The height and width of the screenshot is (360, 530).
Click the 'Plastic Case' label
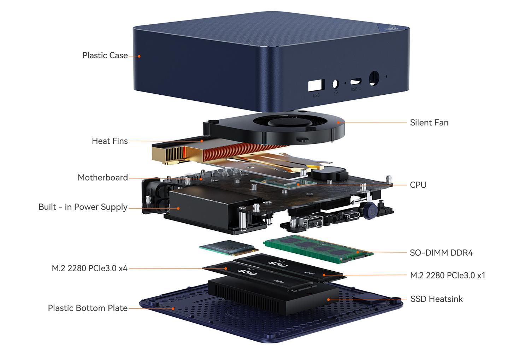pos(105,55)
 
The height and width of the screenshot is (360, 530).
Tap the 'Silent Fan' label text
pos(429,123)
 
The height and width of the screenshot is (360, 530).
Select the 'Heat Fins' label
pos(110,141)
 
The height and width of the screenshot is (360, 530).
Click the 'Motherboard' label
pos(102,177)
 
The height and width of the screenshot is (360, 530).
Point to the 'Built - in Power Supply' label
pos(83,207)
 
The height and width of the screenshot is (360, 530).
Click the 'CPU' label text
pos(418,185)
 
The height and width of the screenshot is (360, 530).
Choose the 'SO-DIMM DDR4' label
pos(441,253)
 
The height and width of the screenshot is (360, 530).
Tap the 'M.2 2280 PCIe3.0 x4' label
pos(89,268)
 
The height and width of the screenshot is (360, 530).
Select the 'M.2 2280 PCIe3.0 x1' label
pos(447,275)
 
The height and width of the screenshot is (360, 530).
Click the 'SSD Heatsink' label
pos(436,299)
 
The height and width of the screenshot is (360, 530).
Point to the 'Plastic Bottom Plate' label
pos(88,308)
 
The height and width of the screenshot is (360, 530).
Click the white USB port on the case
pos(316,85)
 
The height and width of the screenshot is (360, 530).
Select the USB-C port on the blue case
pos(355,82)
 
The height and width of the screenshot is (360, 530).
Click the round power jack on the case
pos(373,78)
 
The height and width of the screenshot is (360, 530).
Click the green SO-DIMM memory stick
pos(318,249)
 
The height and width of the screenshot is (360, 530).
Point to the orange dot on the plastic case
pos(139,56)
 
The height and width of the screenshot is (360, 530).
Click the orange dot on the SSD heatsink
pos(329,299)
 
